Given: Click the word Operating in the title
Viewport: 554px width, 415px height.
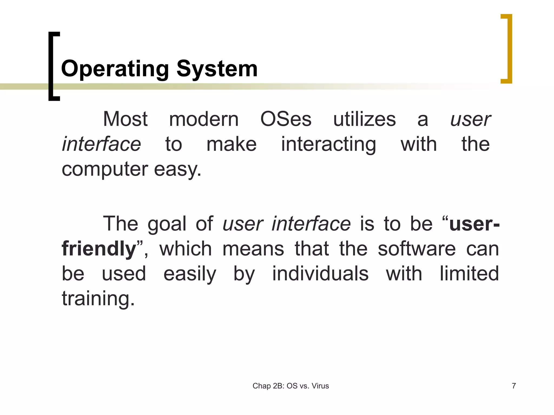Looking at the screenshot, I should (115, 69).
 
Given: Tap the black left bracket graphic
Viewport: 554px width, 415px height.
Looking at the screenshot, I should (51, 66).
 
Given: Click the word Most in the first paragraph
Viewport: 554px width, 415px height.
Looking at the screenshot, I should (125, 119).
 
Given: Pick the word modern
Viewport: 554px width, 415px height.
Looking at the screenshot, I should (204, 119).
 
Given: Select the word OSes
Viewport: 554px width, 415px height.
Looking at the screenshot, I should (286, 119).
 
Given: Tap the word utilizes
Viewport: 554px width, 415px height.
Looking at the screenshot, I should (364, 119).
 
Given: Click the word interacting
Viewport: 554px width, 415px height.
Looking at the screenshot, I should (328, 144).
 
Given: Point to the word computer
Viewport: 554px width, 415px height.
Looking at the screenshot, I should (105, 170).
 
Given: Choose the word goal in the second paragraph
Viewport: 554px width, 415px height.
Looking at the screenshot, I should (167, 224).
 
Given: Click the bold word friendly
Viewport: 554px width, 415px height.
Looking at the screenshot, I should (99, 249).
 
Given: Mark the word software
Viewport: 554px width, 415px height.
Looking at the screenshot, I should (417, 249).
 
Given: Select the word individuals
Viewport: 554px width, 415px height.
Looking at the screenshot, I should (320, 274).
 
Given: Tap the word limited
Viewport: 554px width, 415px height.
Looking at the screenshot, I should (469, 274).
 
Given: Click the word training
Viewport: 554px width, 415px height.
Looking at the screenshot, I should (98, 299).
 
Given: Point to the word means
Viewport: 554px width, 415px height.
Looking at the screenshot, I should (253, 249).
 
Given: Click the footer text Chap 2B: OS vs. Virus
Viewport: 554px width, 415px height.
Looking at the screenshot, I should (291, 386).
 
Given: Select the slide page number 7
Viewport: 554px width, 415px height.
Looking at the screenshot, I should (514, 386).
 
